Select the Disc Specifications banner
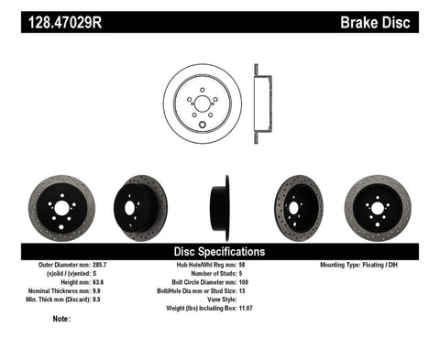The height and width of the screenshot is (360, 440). click(x=220, y=250)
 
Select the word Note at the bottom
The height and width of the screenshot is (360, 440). click(x=62, y=320)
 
